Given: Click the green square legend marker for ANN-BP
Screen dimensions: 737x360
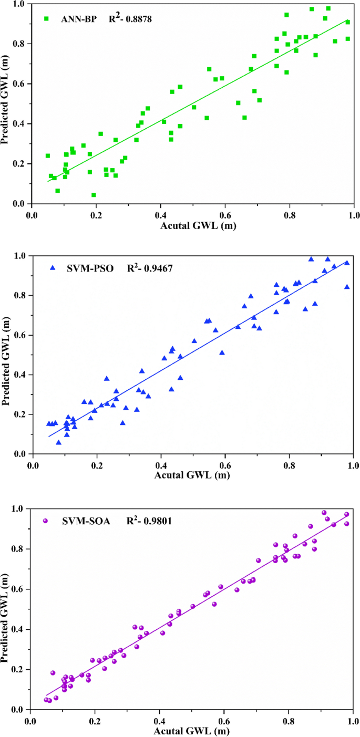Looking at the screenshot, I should tap(46, 18).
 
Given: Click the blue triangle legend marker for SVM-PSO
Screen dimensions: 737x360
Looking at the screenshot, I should tap(53, 268).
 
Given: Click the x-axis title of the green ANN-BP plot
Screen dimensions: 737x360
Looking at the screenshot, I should tap(193, 227).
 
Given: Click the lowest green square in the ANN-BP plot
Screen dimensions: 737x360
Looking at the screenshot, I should tap(94, 195).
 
